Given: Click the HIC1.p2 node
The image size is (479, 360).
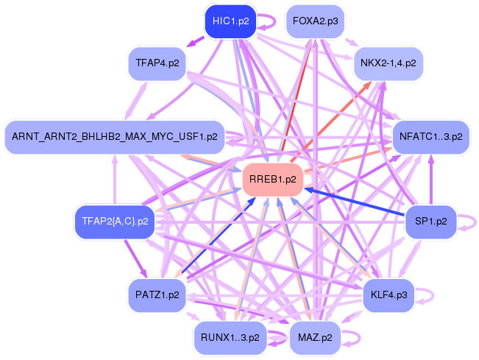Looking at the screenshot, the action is point(230,21).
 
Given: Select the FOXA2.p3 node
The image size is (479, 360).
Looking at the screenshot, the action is point(315,21).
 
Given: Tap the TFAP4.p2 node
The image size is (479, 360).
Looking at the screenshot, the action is point(157,63).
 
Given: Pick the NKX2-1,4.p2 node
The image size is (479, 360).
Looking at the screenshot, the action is point(388,63).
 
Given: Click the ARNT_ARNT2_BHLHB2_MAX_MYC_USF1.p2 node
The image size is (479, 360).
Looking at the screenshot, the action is point(115,137).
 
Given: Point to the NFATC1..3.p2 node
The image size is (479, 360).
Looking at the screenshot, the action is point(430,137).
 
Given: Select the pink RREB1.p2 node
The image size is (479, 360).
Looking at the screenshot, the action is point(273,180).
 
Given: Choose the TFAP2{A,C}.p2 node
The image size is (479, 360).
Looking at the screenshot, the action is point(115,222).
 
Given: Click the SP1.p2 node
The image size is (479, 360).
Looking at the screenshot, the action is point(430,222).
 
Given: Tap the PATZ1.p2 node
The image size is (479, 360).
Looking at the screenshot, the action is point(157,295).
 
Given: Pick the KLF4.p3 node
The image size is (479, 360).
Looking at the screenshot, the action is point(388,295).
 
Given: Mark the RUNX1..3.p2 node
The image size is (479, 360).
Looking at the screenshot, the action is point(230,338).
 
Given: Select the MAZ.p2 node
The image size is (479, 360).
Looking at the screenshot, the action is point(315,338).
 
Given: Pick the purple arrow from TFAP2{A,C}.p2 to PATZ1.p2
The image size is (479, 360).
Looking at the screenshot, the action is point(135,258).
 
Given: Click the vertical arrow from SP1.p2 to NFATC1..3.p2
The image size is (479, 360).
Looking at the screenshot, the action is point(431,180).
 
